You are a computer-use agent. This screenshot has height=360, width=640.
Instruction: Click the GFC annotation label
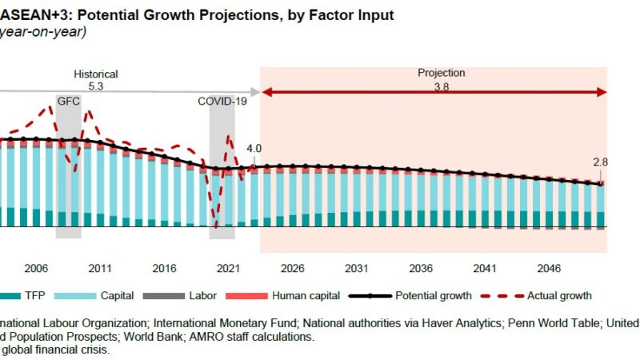[68, 101]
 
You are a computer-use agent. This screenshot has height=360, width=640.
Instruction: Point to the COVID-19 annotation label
[222, 101]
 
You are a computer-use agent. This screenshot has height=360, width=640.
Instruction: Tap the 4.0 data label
[254, 149]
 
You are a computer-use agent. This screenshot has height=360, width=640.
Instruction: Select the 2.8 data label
[601, 162]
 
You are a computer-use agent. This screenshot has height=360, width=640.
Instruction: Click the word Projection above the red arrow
[441, 73]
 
